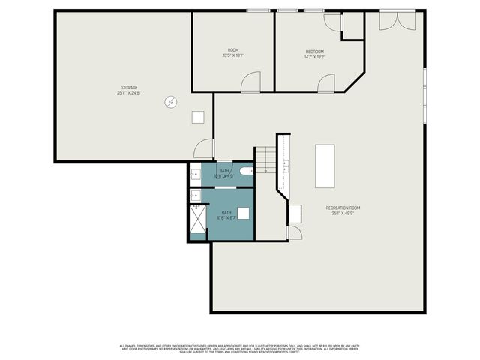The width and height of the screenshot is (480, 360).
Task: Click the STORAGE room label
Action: pyautogui.click(x=129, y=87)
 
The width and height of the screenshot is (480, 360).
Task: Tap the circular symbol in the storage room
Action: pyautogui.click(x=170, y=102)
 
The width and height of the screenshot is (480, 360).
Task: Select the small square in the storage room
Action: pyautogui.click(x=198, y=117)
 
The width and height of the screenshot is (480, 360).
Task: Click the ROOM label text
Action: pyautogui.click(x=233, y=50)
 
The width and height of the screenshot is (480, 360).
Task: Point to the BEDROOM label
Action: pyautogui.click(x=315, y=52)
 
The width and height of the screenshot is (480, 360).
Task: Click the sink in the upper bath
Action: pyautogui.click(x=195, y=171)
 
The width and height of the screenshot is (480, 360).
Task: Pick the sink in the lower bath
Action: pyautogui.click(x=195, y=196)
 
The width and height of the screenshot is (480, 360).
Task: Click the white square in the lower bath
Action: pyautogui.click(x=243, y=212)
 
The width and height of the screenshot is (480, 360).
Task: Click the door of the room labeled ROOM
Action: pyautogui.click(x=250, y=82)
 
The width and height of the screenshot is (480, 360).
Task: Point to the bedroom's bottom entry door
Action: pyautogui.click(x=326, y=83)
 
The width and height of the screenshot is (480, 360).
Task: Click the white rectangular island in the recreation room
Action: pyautogui.click(x=325, y=166)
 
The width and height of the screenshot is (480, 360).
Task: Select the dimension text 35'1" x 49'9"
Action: pyautogui.click(x=343, y=214)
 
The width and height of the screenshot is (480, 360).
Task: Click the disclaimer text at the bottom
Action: pyautogui.click(x=240, y=348)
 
